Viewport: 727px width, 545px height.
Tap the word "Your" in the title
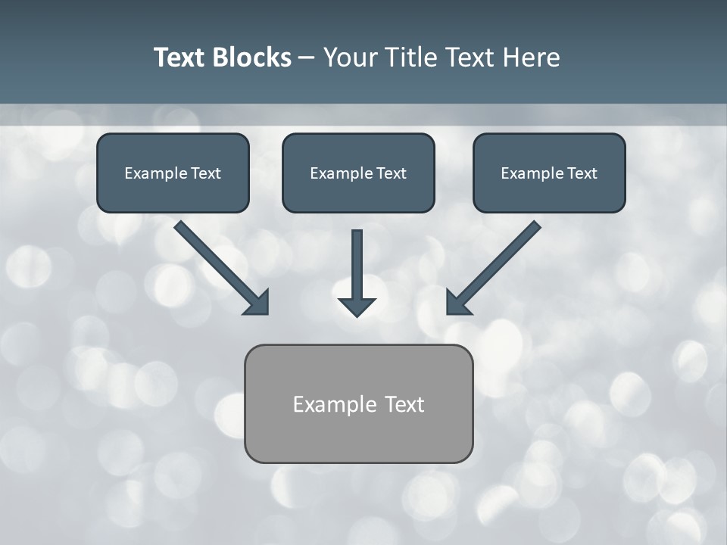coord(349,58)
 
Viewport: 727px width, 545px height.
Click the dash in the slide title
coord(307,58)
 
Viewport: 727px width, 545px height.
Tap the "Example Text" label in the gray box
coord(358,404)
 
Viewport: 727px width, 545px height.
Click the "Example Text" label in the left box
coord(173,173)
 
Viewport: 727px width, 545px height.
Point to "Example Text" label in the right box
coord(549,173)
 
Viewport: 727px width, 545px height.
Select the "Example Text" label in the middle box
coord(358,173)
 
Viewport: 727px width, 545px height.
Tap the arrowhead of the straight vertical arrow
coord(357,307)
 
